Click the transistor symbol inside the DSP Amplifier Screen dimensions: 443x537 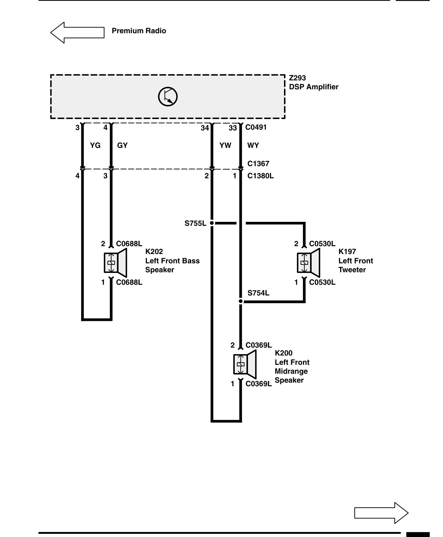pos(168,97)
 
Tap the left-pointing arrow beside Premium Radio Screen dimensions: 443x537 pos(77,33)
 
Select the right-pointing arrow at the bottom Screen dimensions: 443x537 pos(381,513)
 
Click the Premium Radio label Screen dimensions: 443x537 pos(139,31)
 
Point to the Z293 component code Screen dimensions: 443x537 pos(297,78)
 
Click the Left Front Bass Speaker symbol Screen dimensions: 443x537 pos(115,263)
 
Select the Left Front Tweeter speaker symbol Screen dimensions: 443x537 pos(308,263)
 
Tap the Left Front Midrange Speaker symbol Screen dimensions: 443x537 pos(245,364)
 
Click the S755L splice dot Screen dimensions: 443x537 pos(212,223)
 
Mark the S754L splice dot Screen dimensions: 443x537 pos(240,301)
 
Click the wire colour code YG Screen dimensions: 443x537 pos(95,145)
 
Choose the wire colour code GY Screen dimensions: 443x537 pos(123,145)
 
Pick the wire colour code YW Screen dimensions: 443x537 pos(225,145)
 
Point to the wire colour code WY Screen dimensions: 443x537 pos(253,145)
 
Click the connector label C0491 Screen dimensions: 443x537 pos(256,127)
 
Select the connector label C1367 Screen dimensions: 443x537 pos(258,164)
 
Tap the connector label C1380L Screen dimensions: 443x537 pos(260,176)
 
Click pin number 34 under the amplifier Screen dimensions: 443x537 pos(205,128)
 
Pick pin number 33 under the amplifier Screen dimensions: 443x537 pos(233,128)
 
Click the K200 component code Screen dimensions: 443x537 pos(284,353)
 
